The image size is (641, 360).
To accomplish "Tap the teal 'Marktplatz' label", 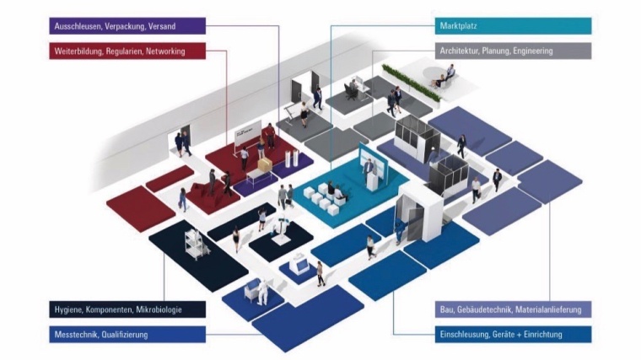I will coord(514,26).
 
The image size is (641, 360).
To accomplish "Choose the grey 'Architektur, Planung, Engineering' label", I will coord(514,51).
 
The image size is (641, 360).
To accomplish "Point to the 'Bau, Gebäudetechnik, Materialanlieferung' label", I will coord(514,309).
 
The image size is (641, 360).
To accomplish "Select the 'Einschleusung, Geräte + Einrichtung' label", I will coord(514,335).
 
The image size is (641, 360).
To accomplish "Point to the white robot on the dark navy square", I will coord(280,228).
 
